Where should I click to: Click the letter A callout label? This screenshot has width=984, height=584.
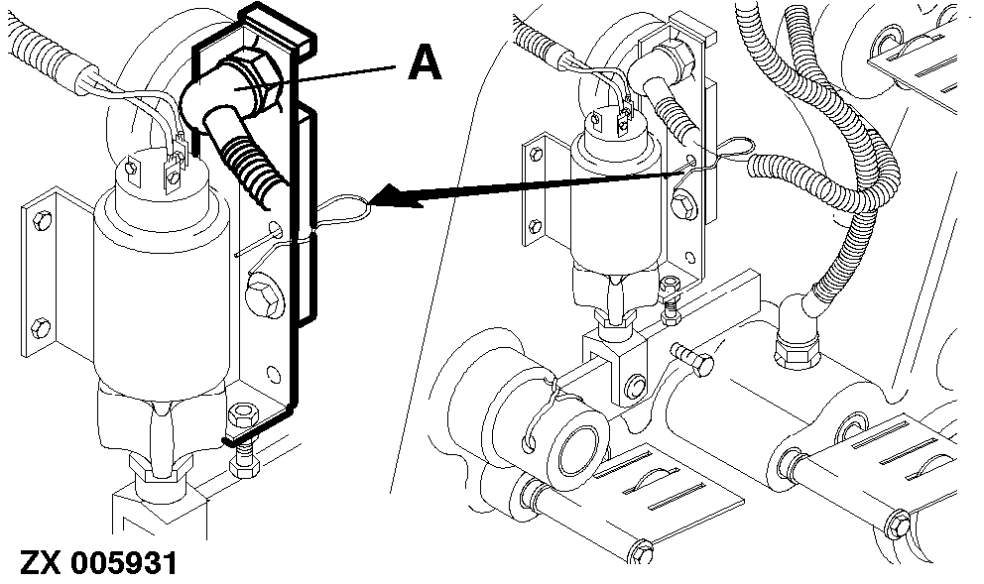pos(425,64)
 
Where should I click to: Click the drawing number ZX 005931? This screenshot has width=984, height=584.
pos(99,562)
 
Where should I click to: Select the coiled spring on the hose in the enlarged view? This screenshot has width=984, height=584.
pos(251,169)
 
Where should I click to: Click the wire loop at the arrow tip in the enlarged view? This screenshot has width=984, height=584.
pos(343,210)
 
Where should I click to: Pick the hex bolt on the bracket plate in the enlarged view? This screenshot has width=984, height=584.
pos(264,299)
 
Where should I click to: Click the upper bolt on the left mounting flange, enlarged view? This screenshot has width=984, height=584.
pos(42,221)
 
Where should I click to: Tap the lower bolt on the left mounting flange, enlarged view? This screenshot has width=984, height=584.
pos(39,327)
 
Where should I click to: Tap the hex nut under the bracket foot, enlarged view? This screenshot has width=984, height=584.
pos(243,415)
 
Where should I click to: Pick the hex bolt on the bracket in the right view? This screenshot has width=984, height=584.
pos(683,206)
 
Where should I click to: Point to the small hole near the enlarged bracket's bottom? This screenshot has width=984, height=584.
pos(274,374)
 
